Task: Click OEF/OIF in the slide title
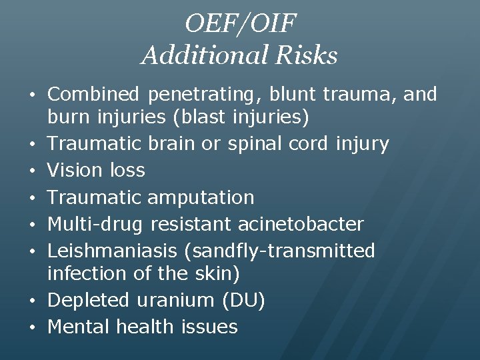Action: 239,24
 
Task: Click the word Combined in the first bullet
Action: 94,95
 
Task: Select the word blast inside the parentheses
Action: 203,118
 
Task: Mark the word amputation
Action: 201,197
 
